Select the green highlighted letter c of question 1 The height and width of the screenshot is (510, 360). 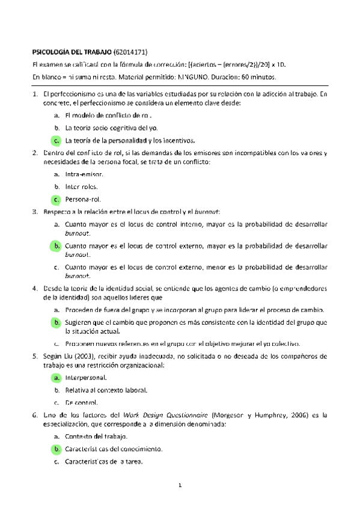[55, 141]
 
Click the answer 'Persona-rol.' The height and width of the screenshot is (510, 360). [84, 199]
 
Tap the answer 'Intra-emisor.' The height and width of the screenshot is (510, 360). [84, 174]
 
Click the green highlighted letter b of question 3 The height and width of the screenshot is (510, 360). [55, 246]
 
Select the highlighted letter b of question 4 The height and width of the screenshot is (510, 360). [55, 323]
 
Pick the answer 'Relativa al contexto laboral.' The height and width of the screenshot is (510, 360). [106, 390]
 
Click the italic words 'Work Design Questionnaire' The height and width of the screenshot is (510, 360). [162, 415]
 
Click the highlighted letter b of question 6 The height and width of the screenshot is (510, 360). [55, 449]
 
